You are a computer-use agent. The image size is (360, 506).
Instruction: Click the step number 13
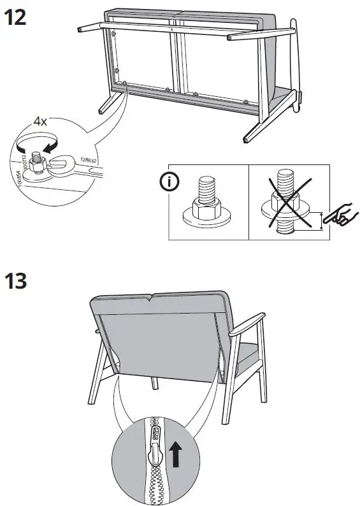(x=17, y=280)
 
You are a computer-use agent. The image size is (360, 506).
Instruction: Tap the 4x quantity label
(x=41, y=120)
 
